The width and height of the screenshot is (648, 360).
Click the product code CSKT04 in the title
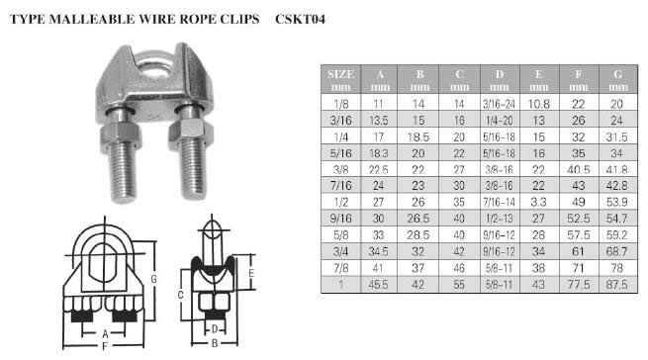click(x=300, y=20)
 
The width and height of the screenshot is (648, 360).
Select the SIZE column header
click(x=341, y=79)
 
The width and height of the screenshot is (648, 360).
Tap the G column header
click(x=618, y=79)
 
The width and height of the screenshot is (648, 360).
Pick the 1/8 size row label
click(x=341, y=104)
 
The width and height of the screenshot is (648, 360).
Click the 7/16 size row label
click(x=341, y=186)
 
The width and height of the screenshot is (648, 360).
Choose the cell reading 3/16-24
click(x=500, y=104)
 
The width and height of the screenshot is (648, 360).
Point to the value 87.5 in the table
click(x=617, y=285)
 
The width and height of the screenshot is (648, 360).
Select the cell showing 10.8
click(x=539, y=104)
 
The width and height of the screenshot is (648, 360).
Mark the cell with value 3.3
click(x=539, y=202)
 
